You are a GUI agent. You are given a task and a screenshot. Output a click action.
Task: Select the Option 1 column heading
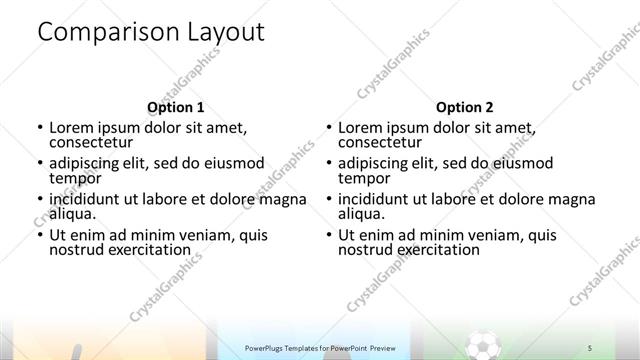[175, 107]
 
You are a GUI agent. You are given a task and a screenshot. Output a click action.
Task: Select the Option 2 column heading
[464, 107]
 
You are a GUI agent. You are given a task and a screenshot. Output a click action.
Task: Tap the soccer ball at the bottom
[483, 346]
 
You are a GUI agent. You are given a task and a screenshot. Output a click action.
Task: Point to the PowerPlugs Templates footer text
[321, 347]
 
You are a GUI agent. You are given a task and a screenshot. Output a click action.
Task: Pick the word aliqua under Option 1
[72, 214]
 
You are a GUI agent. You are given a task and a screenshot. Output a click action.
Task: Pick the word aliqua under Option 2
[361, 214]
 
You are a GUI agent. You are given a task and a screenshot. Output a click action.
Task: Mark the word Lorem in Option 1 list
[72, 128]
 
